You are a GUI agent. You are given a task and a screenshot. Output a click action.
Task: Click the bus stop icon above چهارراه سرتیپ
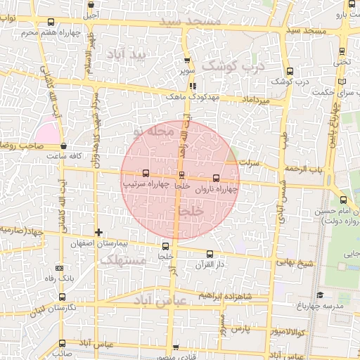coord(146,173)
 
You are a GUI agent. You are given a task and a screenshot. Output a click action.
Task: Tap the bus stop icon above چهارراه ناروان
coord(215,178)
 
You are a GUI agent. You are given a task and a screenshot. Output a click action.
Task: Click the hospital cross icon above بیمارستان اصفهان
coord(99,232)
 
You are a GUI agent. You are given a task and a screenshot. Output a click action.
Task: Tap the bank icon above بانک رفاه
coord(59,268)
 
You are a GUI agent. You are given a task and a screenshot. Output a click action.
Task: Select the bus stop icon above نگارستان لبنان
coord(63,298)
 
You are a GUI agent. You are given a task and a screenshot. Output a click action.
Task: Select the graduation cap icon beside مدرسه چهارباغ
coord(320,295)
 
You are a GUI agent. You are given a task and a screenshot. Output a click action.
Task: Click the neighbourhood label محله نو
coord(152,131)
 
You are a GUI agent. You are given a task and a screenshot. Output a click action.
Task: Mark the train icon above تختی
coord(342,51)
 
